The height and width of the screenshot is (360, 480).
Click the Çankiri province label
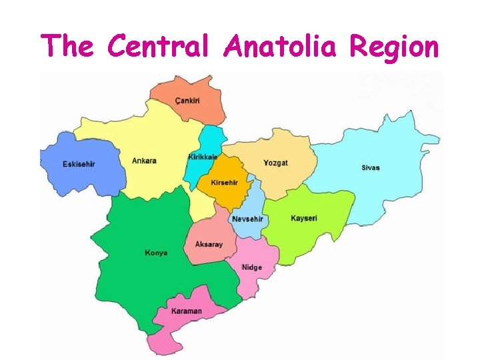coord(187,100)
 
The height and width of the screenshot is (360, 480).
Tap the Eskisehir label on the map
coord(79,164)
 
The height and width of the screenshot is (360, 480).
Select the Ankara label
coord(144,161)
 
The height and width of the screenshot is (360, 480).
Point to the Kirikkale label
coord(203,157)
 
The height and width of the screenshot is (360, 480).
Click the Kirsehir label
coord(224,183)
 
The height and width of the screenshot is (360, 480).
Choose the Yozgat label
coord(275,163)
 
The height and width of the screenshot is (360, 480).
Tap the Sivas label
coord(370,167)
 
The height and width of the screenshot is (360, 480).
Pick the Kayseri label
coord(304,218)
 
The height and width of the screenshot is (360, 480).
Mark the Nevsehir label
coord(247,219)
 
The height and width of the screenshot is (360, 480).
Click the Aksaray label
coord(209,245)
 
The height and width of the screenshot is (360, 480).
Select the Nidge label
coord(251,267)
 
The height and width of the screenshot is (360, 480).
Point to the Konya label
coord(156,253)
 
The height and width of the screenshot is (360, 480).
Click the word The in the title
coord(69,47)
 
